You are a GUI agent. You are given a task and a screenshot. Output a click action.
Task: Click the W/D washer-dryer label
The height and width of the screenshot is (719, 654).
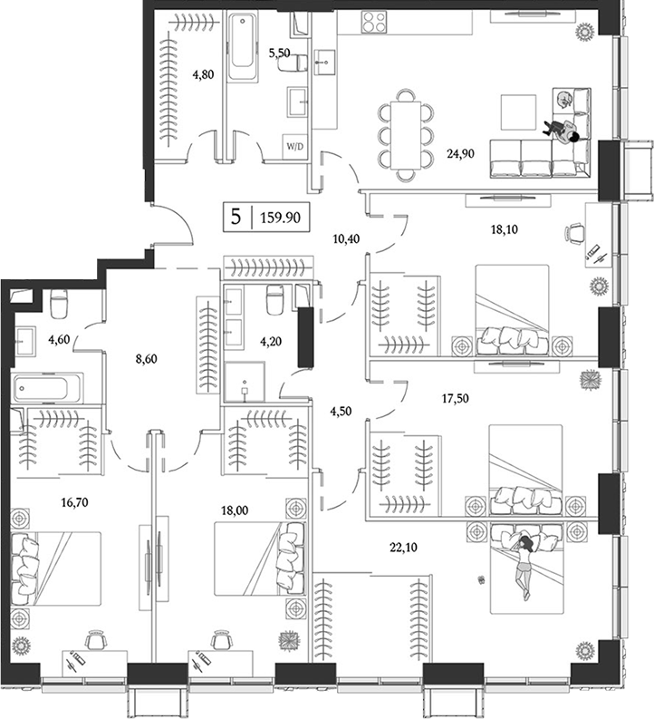(x=294, y=145)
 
